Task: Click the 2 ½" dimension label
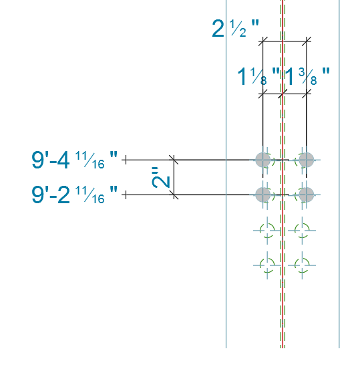click(236, 28)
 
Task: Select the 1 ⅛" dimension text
click(258, 76)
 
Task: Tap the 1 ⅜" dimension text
click(307, 76)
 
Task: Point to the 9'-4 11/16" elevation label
click(75, 160)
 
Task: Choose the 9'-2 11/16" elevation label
click(75, 195)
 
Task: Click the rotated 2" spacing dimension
click(161, 177)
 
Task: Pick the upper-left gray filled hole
click(263, 160)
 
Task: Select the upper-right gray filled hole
click(307, 160)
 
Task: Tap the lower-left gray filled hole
click(263, 195)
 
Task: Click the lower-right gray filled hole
click(307, 195)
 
